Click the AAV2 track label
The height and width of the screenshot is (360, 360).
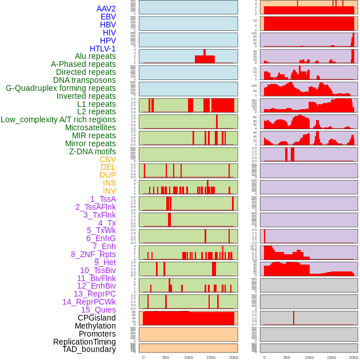[106, 9]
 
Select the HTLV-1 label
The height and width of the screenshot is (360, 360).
[103, 49]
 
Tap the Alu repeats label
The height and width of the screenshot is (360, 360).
[95, 56]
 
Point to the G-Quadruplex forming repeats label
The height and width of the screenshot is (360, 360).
[61, 88]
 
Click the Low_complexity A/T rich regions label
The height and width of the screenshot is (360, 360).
[58, 119]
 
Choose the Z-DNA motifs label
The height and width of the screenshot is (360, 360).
[93, 151]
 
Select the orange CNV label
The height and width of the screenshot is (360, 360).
[107, 159]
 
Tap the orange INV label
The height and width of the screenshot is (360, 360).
[109, 191]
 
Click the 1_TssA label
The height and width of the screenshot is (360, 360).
[103, 199]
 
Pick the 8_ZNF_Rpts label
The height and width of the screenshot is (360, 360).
[93, 254]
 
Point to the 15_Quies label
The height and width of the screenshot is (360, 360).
[98, 310]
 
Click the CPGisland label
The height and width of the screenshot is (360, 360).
[97, 318]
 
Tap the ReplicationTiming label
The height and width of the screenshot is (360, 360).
[85, 342]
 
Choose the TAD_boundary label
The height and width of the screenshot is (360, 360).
[89, 349]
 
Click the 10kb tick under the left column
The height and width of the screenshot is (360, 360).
[189, 357]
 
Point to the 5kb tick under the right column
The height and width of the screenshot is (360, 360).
[287, 357]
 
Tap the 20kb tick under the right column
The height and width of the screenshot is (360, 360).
[354, 357]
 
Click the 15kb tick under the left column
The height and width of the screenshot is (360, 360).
[211, 357]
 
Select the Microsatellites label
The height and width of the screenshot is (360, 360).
[90, 127]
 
